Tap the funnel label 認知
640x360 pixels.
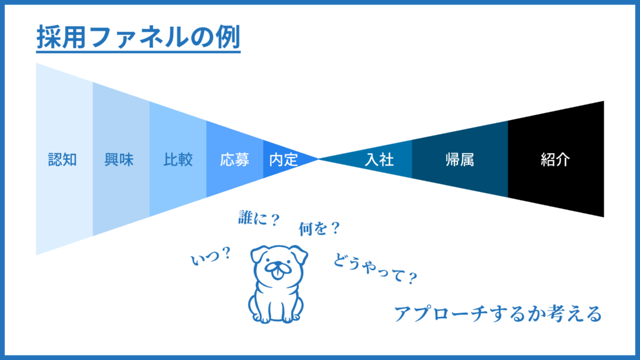[63, 159]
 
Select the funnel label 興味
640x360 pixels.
[119, 159]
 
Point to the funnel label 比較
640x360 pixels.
[177, 159]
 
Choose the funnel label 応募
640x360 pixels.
[234, 159]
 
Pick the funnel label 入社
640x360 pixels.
[379, 159]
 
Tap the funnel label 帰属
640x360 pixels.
[460, 159]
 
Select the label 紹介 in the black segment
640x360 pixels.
[556, 159]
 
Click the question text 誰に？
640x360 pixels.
[258, 219]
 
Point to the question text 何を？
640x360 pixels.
[319, 229]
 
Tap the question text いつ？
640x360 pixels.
[211, 256]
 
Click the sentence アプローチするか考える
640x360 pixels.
[497, 313]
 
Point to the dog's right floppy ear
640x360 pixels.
[301, 254]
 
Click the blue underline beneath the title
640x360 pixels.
[137, 51]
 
